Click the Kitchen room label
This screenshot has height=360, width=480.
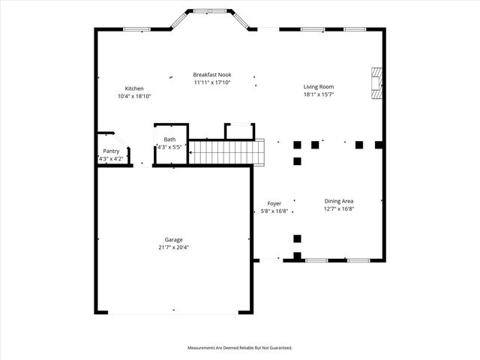click(134, 88)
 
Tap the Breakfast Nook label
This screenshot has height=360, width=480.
click(211, 74)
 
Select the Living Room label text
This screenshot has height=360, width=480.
click(318, 86)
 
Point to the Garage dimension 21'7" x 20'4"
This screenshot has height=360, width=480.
click(173, 247)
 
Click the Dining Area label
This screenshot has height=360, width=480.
click(339, 201)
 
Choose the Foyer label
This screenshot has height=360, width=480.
click(274, 203)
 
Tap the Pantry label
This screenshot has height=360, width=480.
click(111, 151)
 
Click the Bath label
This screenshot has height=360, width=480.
click(170, 139)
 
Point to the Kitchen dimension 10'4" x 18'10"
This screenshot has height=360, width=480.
click(134, 96)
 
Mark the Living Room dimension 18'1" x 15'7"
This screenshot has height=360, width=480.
click(318, 94)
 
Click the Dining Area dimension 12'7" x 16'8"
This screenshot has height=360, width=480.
click(339, 209)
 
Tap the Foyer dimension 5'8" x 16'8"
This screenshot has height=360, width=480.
click(274, 211)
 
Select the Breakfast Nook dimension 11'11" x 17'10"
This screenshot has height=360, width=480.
click(211, 82)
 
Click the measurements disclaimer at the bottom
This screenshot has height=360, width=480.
click(239, 348)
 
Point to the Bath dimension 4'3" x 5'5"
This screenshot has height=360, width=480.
click(170, 148)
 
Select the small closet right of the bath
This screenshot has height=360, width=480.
click(239, 131)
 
